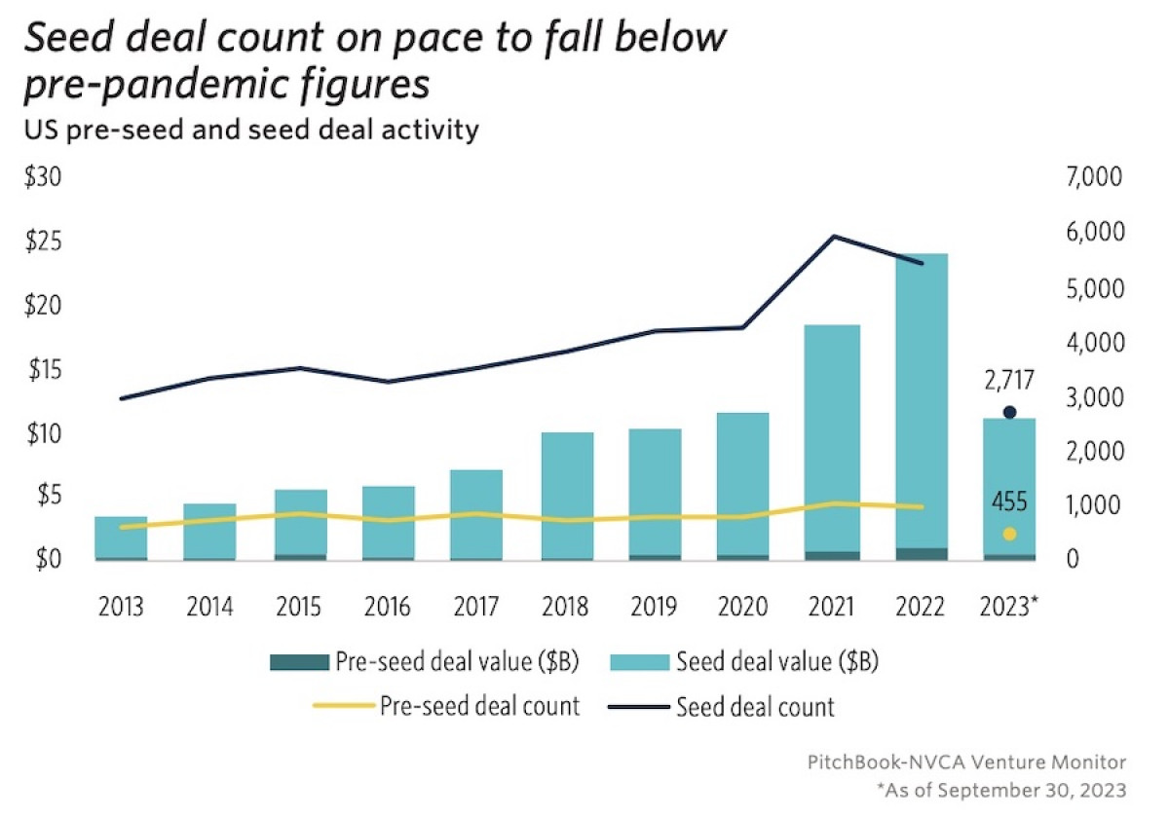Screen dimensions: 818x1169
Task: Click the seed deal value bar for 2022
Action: coord(921,399)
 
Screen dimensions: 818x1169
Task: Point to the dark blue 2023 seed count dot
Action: coord(1009,412)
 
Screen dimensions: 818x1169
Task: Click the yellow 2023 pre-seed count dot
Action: coord(1009,534)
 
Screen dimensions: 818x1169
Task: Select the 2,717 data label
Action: coord(1009,381)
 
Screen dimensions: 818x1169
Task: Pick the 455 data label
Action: coord(1009,502)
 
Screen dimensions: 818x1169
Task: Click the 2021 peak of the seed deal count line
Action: coord(834,237)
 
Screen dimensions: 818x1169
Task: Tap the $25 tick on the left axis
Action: coord(42,242)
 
